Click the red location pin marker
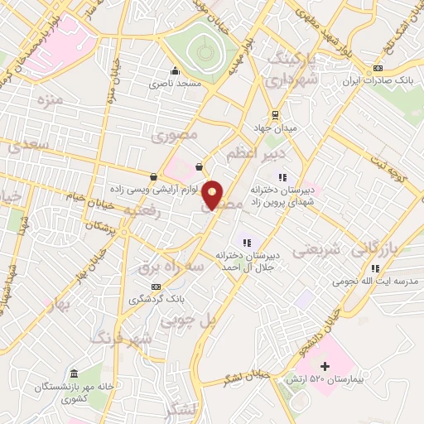point(213,194)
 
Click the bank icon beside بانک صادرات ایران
point(378,67)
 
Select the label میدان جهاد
point(273,128)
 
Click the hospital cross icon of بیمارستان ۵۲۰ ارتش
point(325,365)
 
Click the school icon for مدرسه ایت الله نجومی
point(374,267)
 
